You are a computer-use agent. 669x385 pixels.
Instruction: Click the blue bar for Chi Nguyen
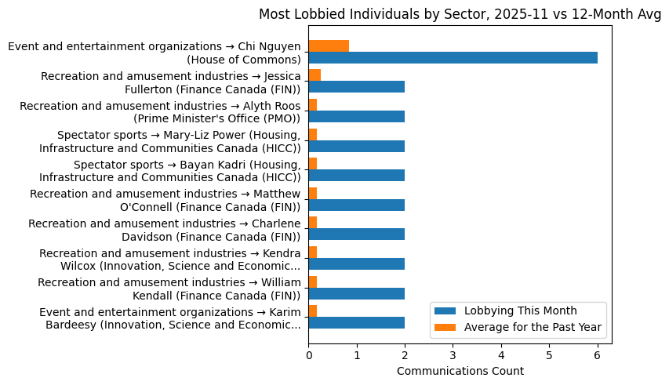[x=453, y=58]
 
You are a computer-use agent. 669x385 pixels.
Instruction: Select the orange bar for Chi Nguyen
[x=329, y=46]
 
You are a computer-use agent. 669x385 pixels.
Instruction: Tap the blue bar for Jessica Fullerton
[x=356, y=87]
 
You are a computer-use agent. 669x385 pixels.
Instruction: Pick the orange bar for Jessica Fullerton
[x=315, y=75]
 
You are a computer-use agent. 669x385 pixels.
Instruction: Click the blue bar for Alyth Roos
[x=356, y=117]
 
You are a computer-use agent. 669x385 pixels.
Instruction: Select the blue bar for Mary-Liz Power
[x=356, y=146]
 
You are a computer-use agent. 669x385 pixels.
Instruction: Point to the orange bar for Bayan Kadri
[x=312, y=164]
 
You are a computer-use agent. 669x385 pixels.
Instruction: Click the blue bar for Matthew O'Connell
[x=356, y=205]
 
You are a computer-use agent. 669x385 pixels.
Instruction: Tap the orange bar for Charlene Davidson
[x=312, y=223]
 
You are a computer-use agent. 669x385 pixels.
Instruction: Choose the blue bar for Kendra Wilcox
[x=356, y=263]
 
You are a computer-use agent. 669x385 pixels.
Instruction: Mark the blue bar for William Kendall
[x=356, y=293]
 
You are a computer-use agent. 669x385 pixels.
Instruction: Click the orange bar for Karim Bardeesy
[x=312, y=311]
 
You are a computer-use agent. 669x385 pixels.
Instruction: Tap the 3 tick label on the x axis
[x=453, y=354]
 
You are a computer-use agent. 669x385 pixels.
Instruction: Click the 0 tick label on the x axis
[x=308, y=354]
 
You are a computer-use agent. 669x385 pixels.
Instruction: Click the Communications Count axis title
[x=460, y=371]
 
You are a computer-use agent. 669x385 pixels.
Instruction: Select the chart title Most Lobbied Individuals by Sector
[x=460, y=14]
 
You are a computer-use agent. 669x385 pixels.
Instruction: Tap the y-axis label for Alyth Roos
[x=160, y=112]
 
